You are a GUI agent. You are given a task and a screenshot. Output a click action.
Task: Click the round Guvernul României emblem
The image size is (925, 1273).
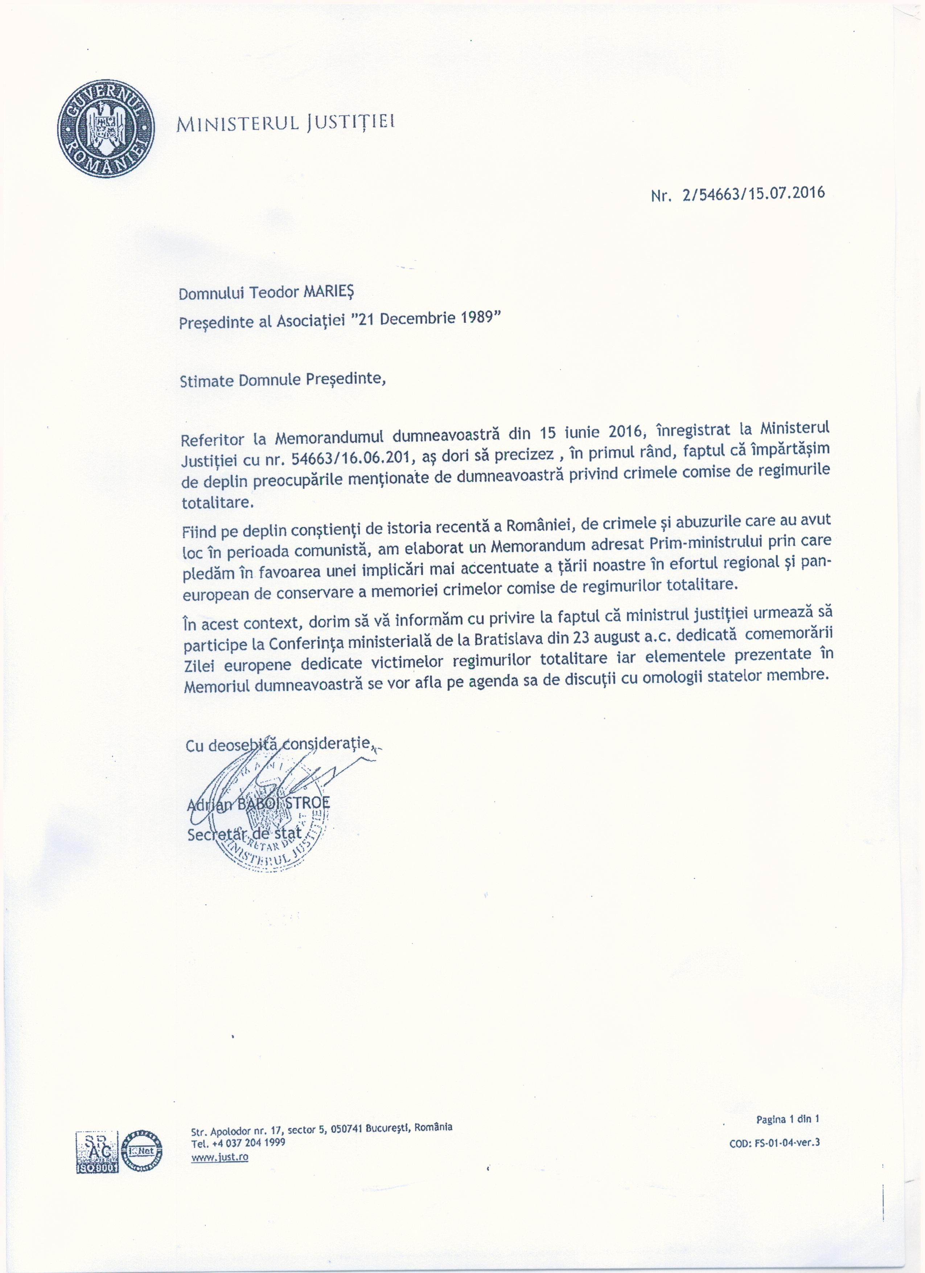[x=106, y=128]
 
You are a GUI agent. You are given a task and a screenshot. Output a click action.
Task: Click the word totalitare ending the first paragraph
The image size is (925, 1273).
[x=218, y=502]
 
